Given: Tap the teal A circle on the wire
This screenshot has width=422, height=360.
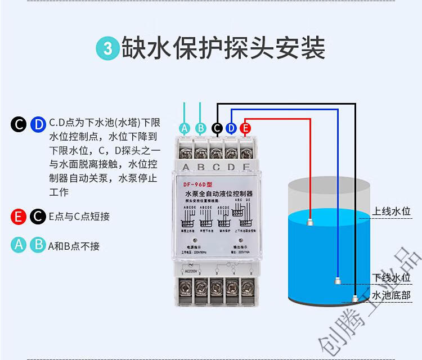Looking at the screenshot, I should [x=185, y=128].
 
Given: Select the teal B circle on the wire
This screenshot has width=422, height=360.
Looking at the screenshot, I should [x=201, y=128].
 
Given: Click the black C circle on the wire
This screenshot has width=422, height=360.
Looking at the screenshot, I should [x=217, y=128].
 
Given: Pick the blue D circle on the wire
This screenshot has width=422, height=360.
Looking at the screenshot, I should [x=231, y=128].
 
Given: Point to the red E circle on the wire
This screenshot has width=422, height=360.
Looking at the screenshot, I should [x=245, y=128].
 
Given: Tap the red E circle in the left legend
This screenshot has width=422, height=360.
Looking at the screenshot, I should [x=19, y=217].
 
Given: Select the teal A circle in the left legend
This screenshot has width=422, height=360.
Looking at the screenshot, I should [x=19, y=245].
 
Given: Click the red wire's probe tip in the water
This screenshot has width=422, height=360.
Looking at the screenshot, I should [x=310, y=221].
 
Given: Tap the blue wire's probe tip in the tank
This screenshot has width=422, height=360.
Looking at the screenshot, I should [x=336, y=279].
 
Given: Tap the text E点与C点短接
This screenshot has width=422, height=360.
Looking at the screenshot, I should [x=79, y=217].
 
